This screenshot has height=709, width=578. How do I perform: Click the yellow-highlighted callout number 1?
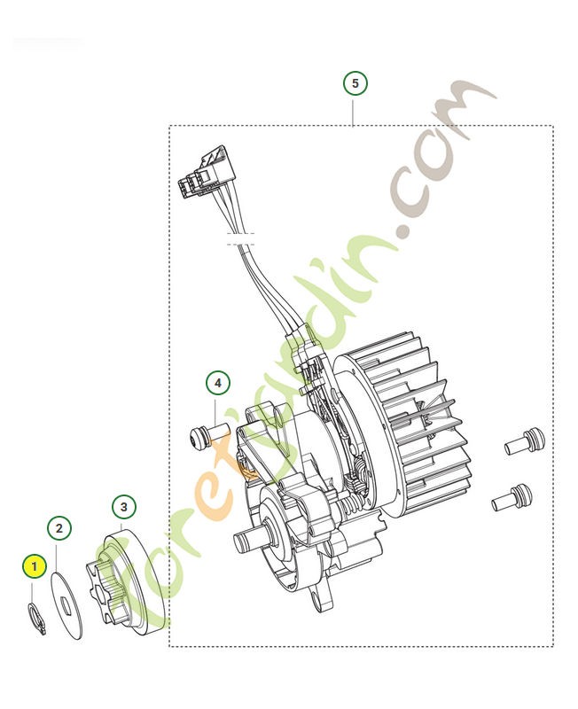pos(35,565)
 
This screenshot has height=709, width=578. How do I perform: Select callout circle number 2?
pos(59,529)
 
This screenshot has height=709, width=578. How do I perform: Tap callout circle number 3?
pos(124,507)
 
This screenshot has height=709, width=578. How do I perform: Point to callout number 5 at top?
pos(355,84)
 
